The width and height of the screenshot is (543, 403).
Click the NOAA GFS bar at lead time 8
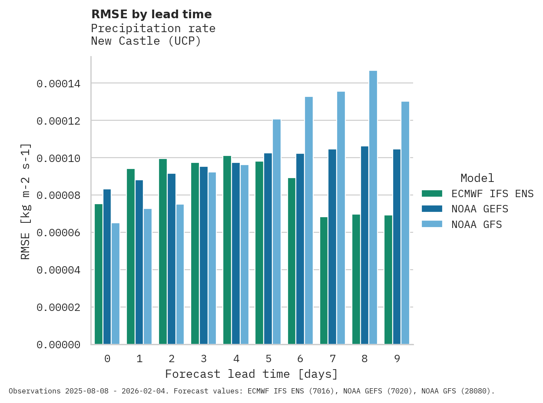pos(373,208)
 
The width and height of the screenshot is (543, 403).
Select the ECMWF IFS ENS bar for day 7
pos(324,281)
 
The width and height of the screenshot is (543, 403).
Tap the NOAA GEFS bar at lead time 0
pos(107,267)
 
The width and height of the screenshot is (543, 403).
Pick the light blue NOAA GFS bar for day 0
pos(116,284)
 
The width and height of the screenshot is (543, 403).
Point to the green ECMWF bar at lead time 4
pos(227,250)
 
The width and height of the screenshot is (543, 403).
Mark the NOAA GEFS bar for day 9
pos(397,247)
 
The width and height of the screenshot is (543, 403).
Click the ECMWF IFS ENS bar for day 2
pos(163,251)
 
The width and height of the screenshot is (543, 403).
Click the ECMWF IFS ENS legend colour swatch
pos(432,194)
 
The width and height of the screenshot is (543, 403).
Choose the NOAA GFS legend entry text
pos(477,225)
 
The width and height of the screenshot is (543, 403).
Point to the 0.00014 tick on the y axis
pos(58,83)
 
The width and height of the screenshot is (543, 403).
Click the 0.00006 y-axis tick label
pos(58,233)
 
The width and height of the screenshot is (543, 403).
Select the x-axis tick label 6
pos(300,359)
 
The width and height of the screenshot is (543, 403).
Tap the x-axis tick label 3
pos(204,359)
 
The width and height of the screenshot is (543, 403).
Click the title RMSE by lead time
pos(152,14)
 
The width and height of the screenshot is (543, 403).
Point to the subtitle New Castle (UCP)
pos(146,41)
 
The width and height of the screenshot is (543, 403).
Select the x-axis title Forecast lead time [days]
pos(252,374)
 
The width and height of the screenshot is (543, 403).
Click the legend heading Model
pos(477,178)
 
